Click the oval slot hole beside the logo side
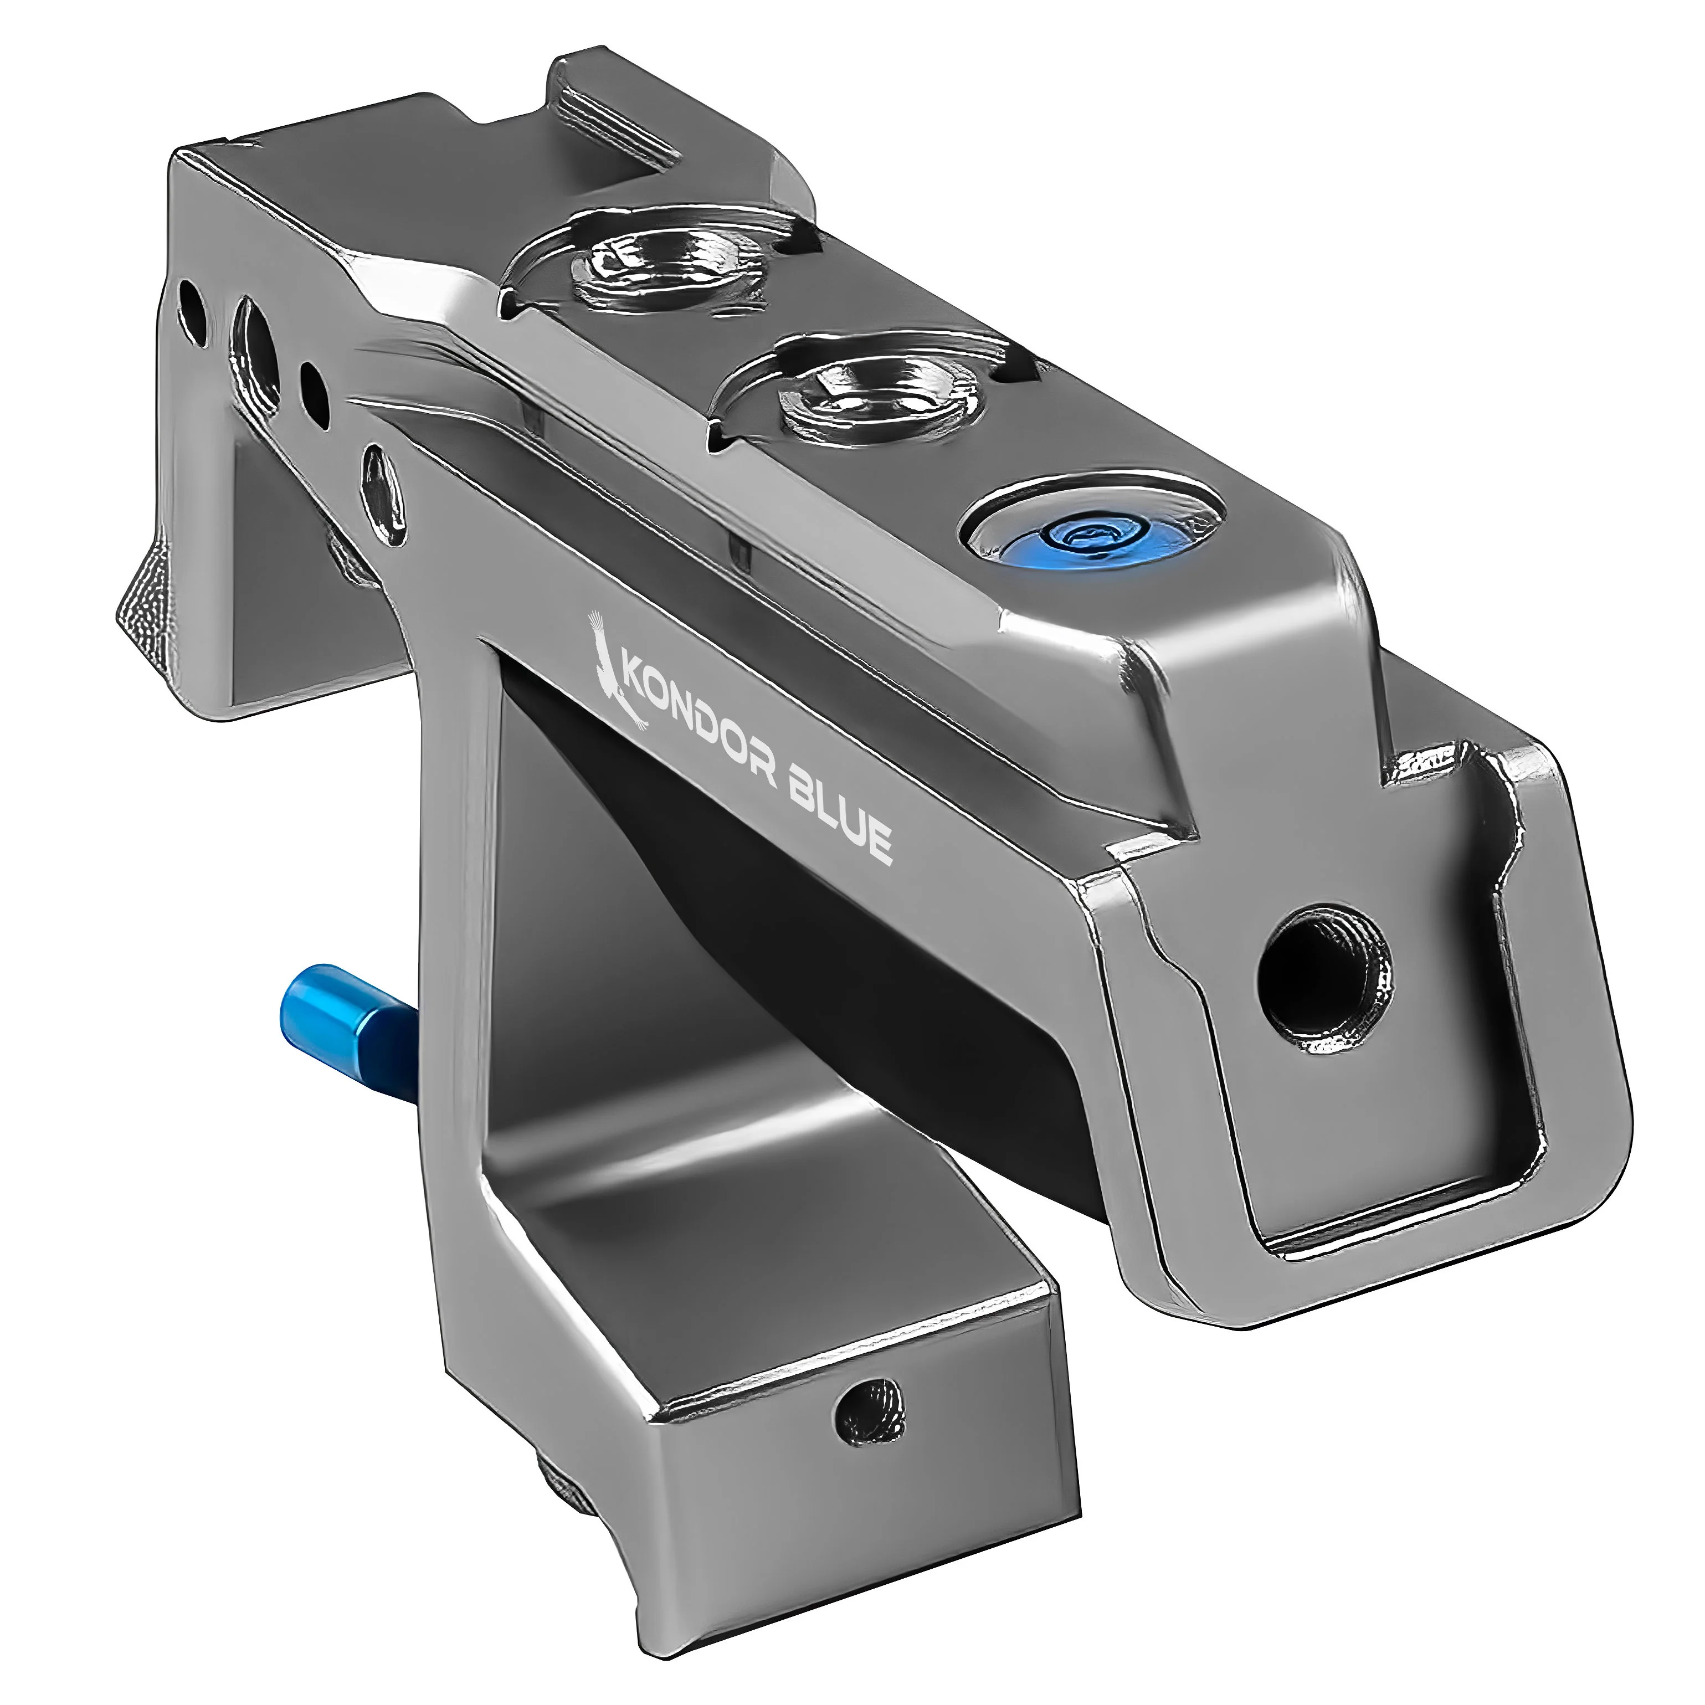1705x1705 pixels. [x=385, y=494]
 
